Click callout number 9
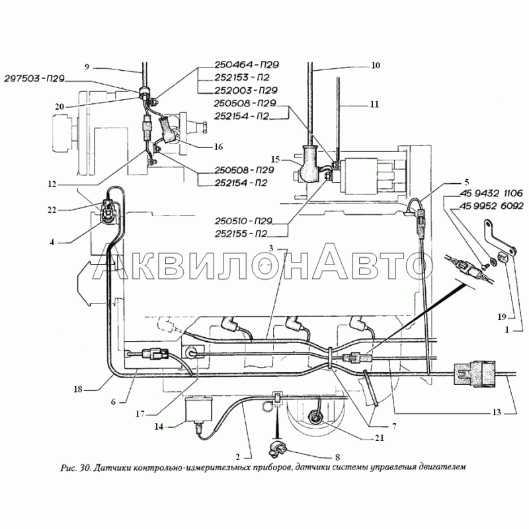tap(87, 67)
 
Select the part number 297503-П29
tap(34, 79)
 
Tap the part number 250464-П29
tap(247, 65)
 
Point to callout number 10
tap(375, 65)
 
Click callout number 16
tap(218, 146)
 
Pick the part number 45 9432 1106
tap(491, 193)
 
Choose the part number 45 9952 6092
tap(491, 206)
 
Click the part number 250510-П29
tap(243, 221)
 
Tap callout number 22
tap(52, 210)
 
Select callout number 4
tap(52, 242)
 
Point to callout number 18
tap(78, 389)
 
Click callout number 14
tap(159, 427)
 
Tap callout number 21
tap(380, 438)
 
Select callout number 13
tap(497, 412)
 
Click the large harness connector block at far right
tap(475, 374)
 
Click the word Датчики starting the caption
tap(110, 468)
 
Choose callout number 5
tap(467, 183)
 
